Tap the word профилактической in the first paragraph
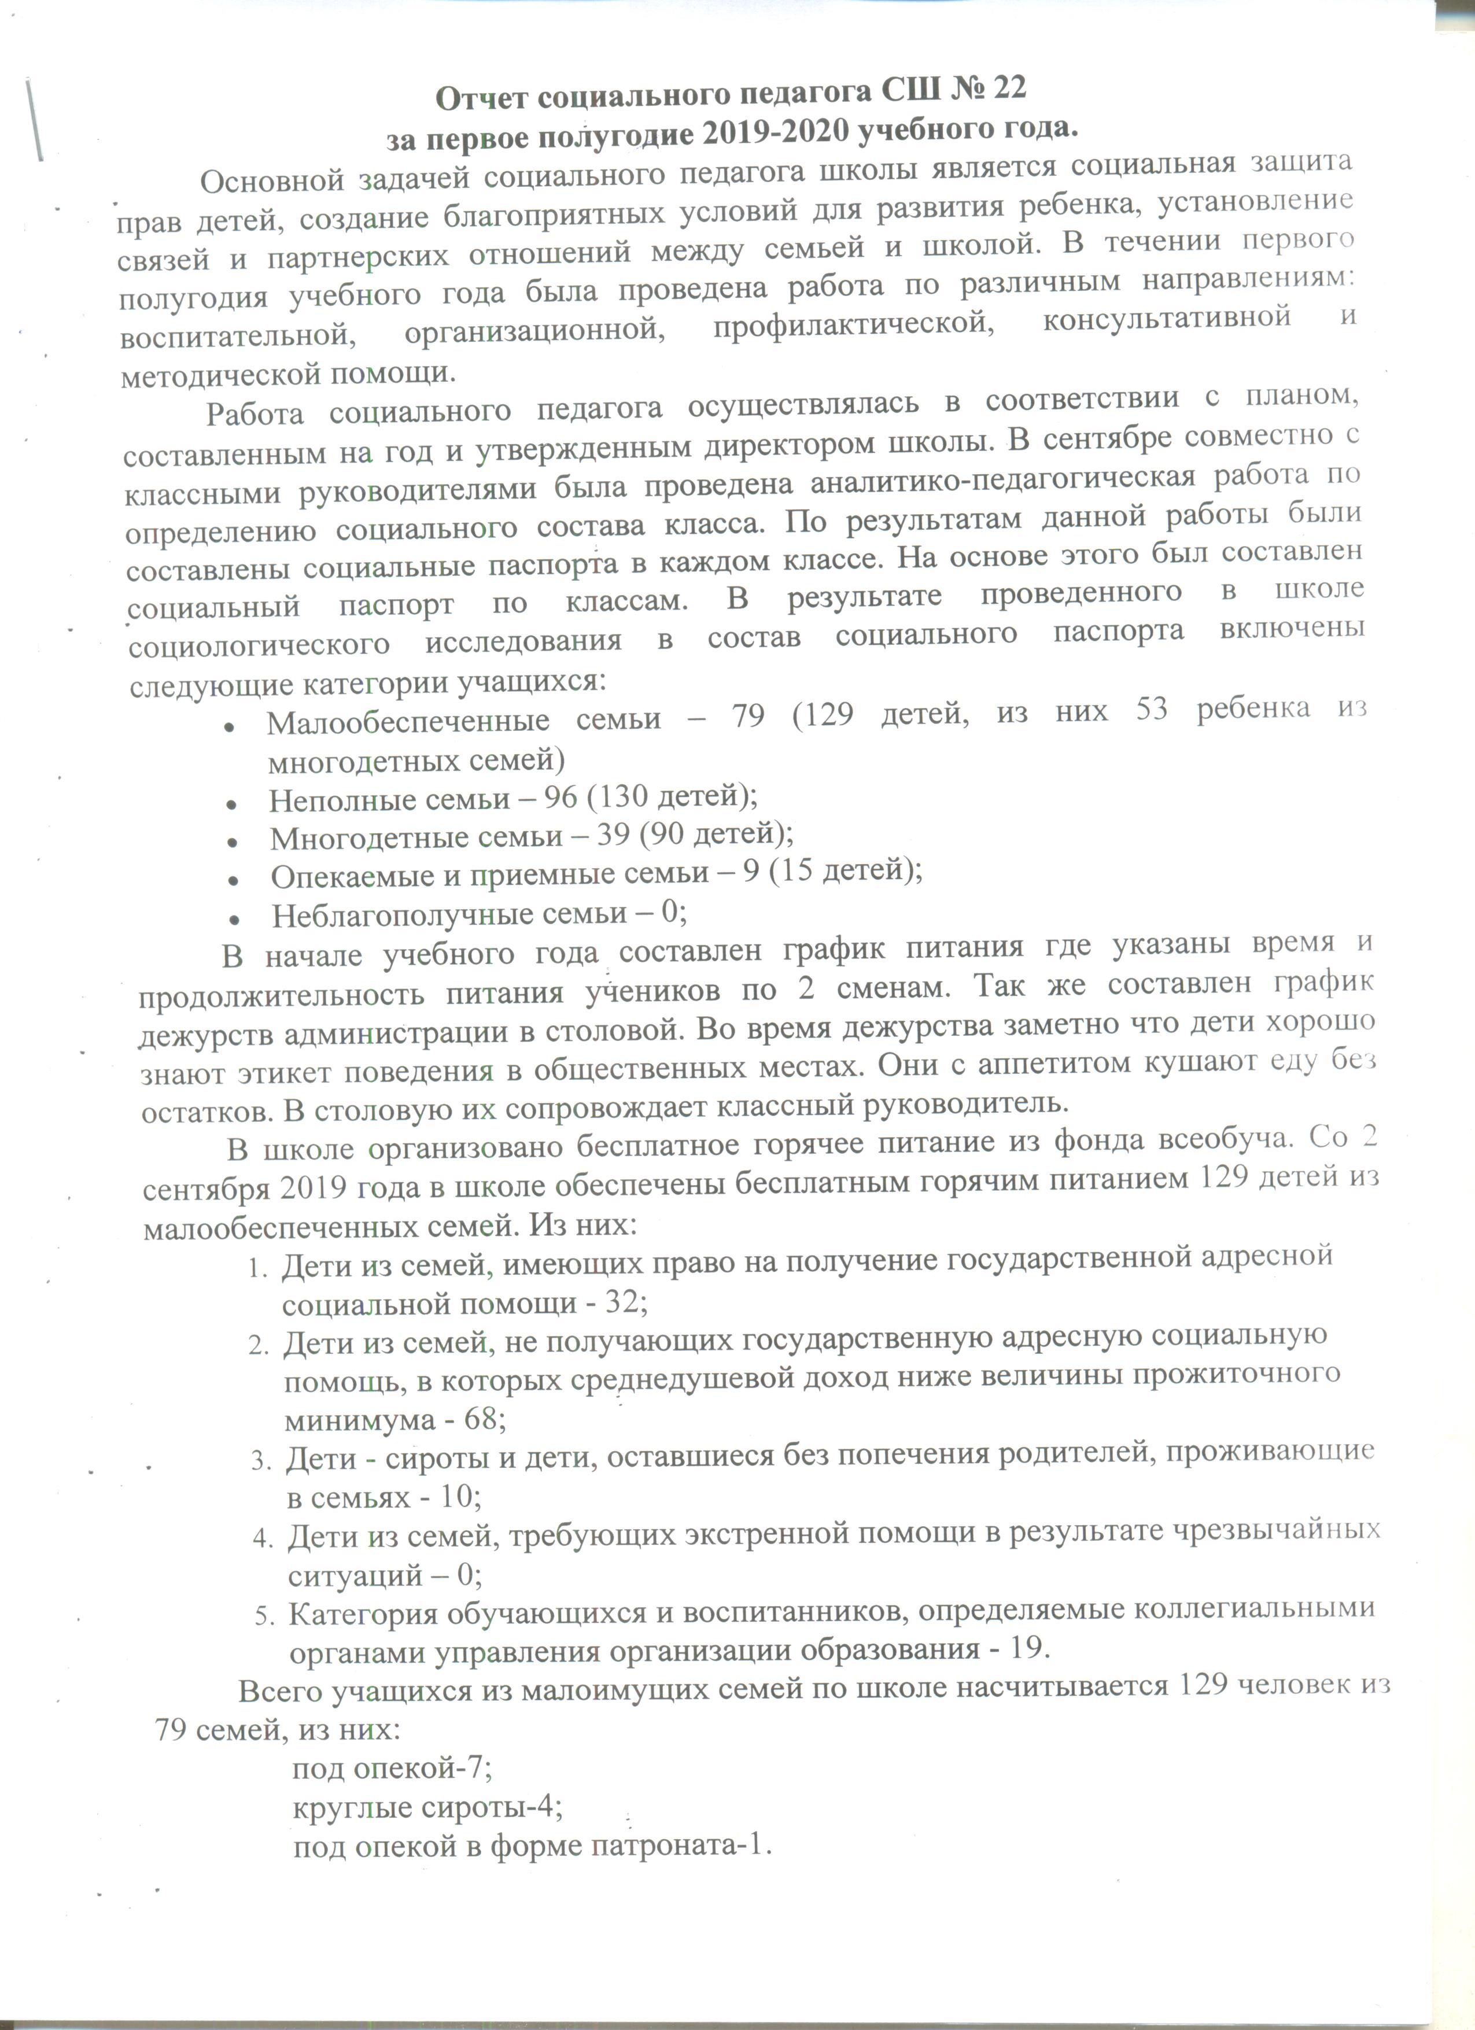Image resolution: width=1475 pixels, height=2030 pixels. (x=855, y=323)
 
